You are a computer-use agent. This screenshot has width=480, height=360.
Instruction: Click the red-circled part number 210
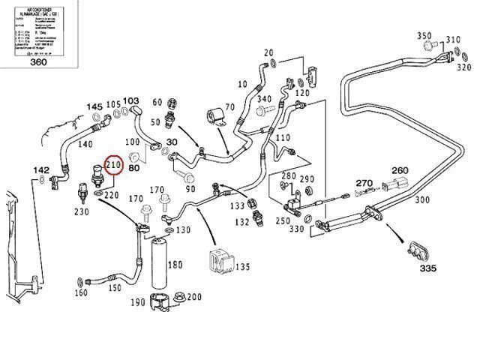tap(114, 165)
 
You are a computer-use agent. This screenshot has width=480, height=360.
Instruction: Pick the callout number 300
tap(422, 200)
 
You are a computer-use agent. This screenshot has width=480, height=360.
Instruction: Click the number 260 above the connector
tap(400, 169)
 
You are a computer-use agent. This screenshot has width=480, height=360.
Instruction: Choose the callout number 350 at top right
tap(425, 37)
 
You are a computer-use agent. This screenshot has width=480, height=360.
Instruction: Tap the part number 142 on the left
tap(43, 171)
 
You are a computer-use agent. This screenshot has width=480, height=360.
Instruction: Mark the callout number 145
tap(93, 107)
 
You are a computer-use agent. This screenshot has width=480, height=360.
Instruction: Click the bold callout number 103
tap(131, 100)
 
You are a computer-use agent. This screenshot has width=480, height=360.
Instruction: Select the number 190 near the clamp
tap(138, 302)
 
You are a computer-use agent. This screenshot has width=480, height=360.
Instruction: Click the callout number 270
tap(364, 183)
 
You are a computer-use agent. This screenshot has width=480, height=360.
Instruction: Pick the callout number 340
tap(265, 99)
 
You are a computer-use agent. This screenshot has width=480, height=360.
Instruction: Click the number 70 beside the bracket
tap(229, 107)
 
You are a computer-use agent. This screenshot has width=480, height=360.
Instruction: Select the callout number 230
tap(82, 212)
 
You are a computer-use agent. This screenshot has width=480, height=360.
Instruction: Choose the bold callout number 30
tap(172, 142)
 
